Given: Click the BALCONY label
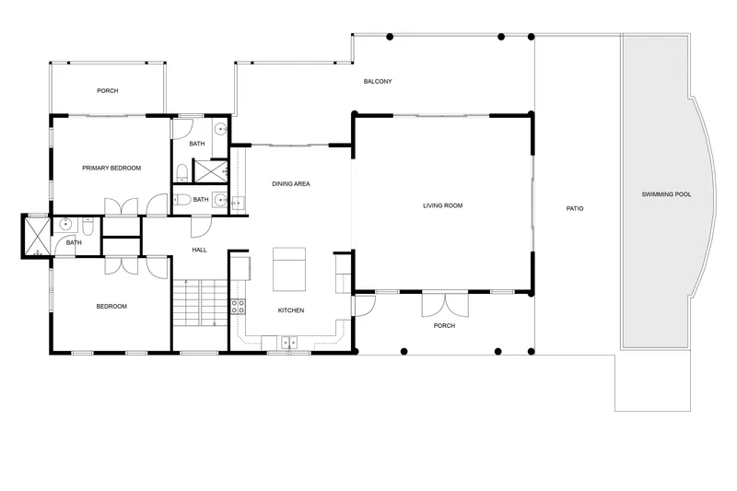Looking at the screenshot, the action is pos(378,81).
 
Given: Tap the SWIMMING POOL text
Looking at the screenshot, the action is pos(666,194).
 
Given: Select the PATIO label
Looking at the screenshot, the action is pos(574,208).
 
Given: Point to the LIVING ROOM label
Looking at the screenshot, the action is pos(442,205).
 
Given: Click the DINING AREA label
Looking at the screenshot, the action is pos(291,183).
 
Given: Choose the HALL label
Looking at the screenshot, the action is pos(199,250).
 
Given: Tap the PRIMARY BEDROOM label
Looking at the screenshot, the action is pos(111,168).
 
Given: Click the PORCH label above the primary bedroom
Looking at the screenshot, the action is pos(108,90).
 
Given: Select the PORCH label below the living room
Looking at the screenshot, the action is pos(444,325).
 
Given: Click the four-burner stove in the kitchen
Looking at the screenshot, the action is pos(238,307).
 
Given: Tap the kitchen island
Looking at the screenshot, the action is pos(289,269).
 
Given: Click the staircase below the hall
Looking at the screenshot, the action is pos(200,302).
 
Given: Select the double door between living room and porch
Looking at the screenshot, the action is pos(445,304).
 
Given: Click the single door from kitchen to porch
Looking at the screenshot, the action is pos(365,305).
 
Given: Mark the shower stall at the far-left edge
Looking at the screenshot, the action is pos(37,236).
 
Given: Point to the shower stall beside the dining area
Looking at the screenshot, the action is pos(211,171).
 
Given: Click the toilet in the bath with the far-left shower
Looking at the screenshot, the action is pos(88,226).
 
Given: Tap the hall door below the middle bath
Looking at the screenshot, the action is pos(201,226).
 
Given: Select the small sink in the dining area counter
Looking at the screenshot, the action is pos(238,203).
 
